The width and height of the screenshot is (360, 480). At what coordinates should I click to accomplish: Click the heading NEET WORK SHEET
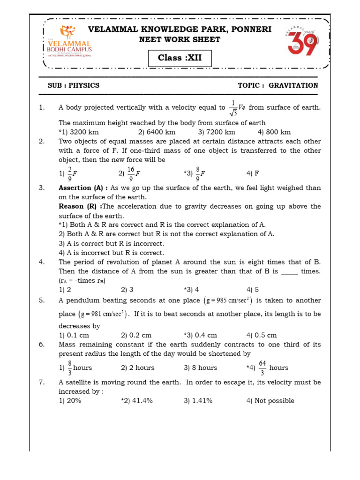click(180, 40)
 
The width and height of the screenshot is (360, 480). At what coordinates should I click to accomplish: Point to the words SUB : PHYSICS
click(74, 85)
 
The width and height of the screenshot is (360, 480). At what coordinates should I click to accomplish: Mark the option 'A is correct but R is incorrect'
click(111, 244)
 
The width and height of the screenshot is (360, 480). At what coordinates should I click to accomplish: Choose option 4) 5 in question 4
click(253, 290)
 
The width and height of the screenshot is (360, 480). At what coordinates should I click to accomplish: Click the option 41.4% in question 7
click(139, 401)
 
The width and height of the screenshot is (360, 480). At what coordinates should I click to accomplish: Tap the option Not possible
click(270, 401)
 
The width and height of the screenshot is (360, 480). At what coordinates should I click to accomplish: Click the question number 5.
click(42, 300)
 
